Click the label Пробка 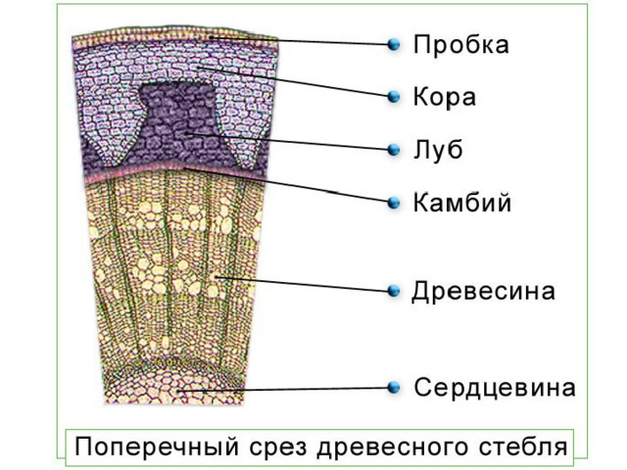[x=461, y=44]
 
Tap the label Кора [x=444, y=97]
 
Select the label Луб [x=438, y=150]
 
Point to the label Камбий [x=462, y=202]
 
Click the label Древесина [x=483, y=291]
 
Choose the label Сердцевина [x=495, y=387]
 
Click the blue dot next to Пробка [x=394, y=44]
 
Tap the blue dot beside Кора [x=394, y=96]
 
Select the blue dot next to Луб [x=394, y=150]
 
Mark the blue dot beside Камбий [x=394, y=203]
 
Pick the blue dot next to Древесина [x=394, y=291]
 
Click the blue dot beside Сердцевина [x=394, y=387]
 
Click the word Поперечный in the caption [x=157, y=446]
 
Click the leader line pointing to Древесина [x=303, y=284]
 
